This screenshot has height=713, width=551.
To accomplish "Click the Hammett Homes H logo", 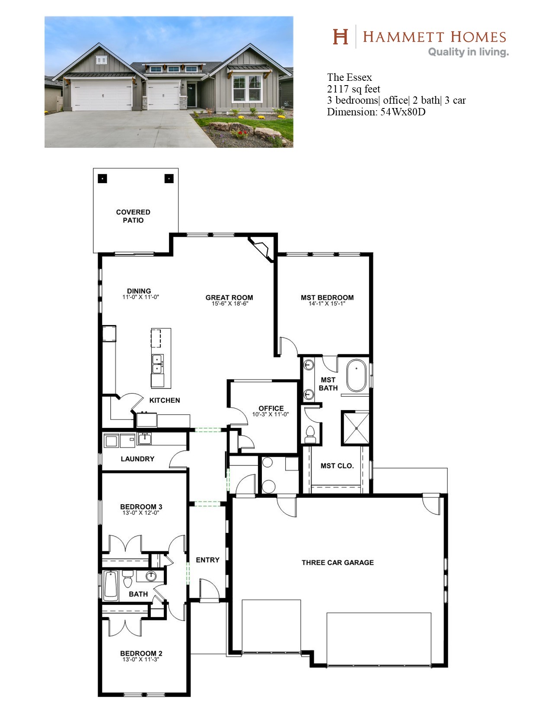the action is click(340, 36).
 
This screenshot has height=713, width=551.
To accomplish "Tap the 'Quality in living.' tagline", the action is click(468, 52).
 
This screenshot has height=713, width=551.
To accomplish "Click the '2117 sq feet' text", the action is click(354, 89).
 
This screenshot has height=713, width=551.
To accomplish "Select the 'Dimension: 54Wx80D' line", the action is click(376, 112).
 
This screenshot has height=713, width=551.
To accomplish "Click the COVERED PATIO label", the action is click(133, 216).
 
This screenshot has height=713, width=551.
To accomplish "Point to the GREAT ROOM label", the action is click(229, 298).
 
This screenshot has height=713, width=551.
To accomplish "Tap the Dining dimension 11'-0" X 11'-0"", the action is click(141, 297).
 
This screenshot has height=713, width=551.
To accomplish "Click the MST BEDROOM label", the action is click(327, 298).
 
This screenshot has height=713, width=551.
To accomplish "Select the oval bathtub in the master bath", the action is click(357, 376).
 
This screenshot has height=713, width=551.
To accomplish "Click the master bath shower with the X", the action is click(356, 428).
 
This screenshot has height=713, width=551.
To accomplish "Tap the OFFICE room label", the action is click(271, 408).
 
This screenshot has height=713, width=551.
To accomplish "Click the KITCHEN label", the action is click(165, 400).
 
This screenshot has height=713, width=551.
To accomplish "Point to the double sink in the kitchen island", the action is click(158, 363).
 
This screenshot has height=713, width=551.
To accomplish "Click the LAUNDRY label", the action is click(137, 459).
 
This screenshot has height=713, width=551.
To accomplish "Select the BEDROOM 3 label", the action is click(141, 507).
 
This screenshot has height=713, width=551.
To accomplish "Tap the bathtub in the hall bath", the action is click(111, 586).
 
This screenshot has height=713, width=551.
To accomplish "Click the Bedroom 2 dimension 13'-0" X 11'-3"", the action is click(141, 659).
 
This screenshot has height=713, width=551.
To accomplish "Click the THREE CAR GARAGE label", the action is click(338, 563).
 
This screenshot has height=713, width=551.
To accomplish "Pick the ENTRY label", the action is click(208, 560).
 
